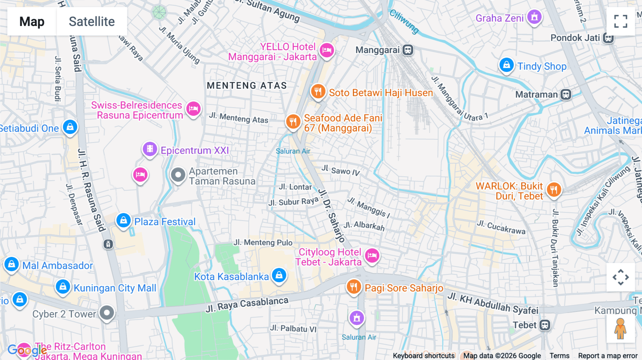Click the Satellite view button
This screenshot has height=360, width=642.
pos(92,21)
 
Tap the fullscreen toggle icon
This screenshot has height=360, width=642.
pos(621,21)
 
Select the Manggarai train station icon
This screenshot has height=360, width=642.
pos(408,50)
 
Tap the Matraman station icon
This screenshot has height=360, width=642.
pos(566,94)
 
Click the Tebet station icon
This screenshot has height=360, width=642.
pos(544,325)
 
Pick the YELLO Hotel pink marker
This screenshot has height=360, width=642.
pos(326,50)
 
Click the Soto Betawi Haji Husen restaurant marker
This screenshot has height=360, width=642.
pos(317,92)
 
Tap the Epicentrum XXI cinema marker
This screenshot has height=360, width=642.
pos(150,149)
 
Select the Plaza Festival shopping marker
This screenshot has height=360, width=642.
pos(123,220)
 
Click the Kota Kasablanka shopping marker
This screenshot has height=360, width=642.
pos(279,275)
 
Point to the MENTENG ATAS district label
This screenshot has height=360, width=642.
pos(247,86)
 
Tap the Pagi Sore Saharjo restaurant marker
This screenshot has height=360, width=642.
pos(353,286)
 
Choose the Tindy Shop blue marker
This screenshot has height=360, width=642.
pos(506,65)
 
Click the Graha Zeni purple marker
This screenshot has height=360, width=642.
pos(534,17)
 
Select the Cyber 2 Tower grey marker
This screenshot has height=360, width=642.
pos(107,313)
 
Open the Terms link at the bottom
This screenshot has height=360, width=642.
pos(559,356)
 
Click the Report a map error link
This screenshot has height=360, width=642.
pos(607,356)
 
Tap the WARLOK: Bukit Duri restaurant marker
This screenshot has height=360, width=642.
pos(554,190)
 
